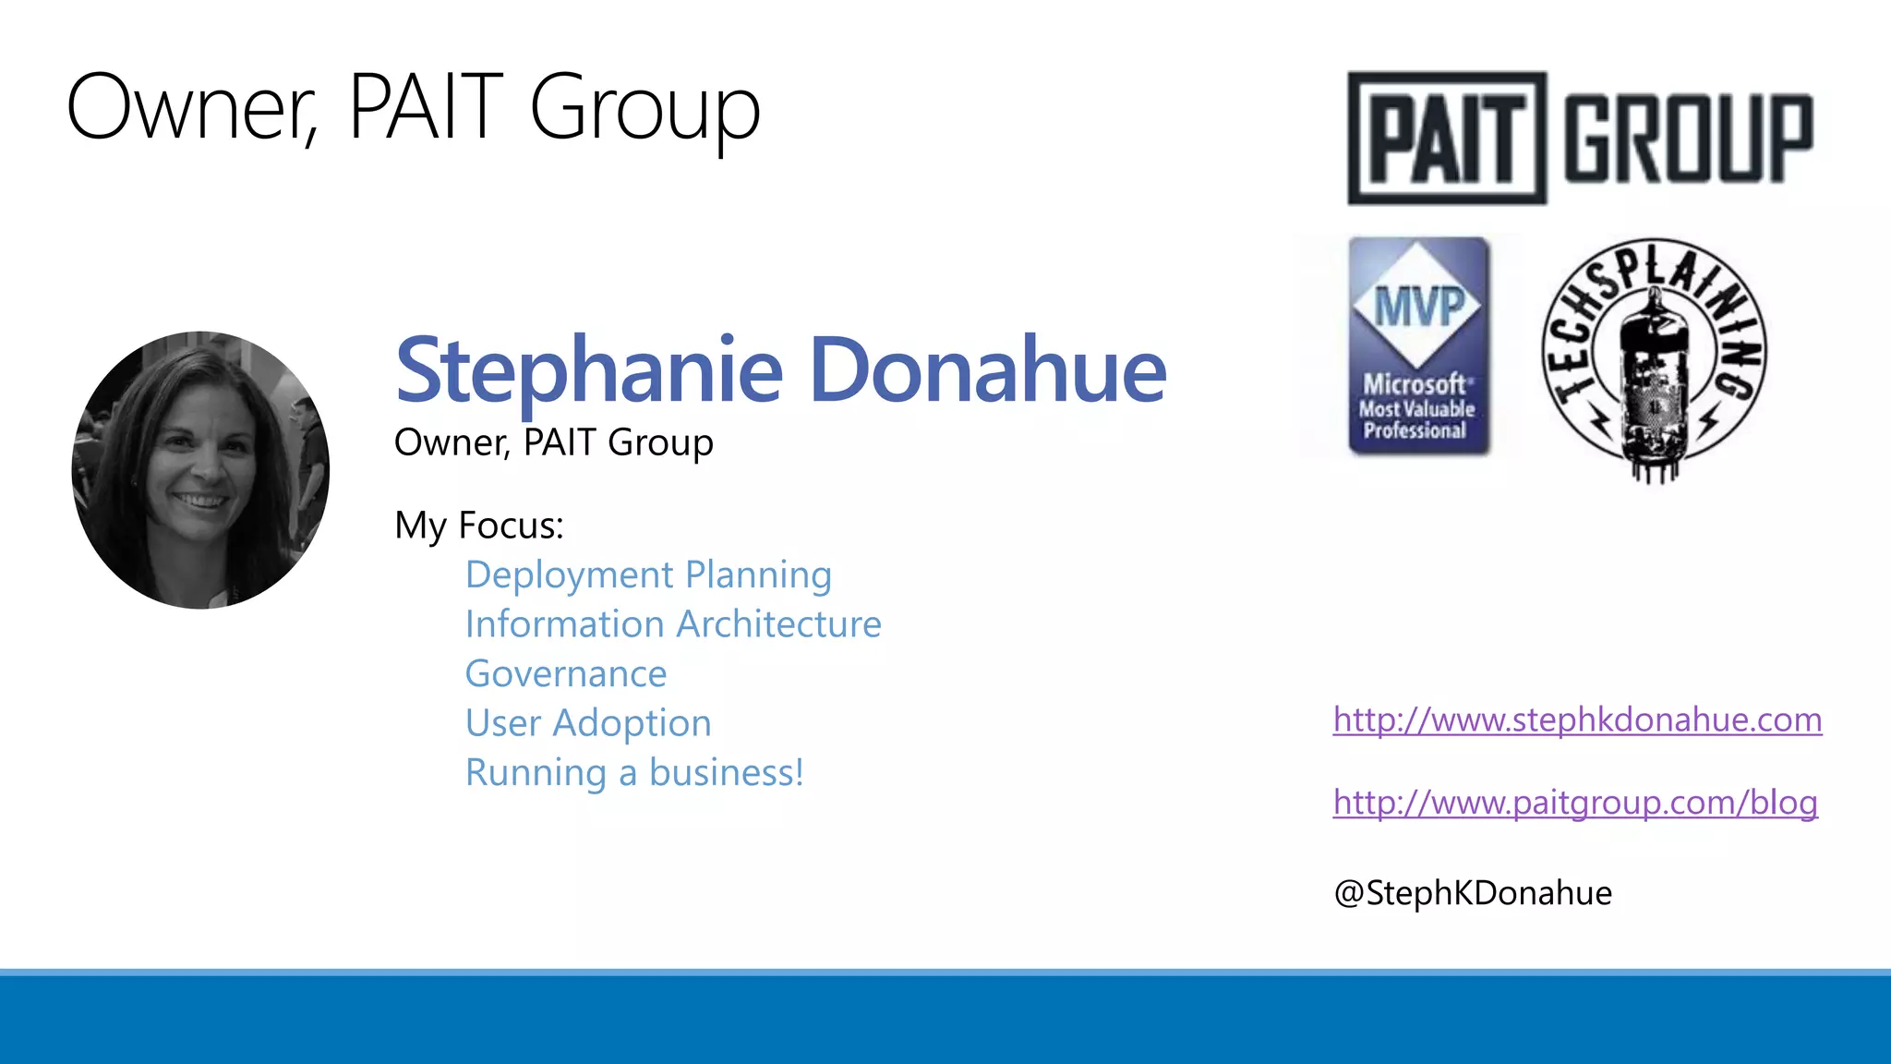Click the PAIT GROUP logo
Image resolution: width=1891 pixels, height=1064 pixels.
pos(1580,138)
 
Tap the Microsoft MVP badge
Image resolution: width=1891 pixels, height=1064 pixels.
pos(1419,346)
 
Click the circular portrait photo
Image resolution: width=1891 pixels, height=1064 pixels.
pos(200,469)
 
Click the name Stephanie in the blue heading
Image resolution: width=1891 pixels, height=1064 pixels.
pos(589,370)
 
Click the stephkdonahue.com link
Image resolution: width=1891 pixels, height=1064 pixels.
pos(1577,719)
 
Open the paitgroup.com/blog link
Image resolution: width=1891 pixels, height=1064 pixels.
pos(1575,803)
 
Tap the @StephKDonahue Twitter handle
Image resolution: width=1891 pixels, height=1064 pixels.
pos(1473,893)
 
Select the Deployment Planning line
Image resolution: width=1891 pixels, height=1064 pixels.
pos(648,575)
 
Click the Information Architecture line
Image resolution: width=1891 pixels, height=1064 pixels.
pos(673,624)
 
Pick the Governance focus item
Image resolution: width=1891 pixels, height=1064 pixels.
pos(565,674)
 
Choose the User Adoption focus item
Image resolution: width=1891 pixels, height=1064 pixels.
pos(588,723)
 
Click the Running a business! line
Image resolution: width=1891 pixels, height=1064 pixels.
pos(634,773)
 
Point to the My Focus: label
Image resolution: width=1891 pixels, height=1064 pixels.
pos(478,526)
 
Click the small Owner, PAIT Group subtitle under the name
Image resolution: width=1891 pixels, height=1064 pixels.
pos(553,442)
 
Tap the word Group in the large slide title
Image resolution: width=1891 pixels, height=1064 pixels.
pos(644,108)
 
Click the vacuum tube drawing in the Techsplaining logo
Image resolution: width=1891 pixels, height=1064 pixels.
pos(1653,383)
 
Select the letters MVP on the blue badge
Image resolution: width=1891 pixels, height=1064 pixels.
pos(1419,306)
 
